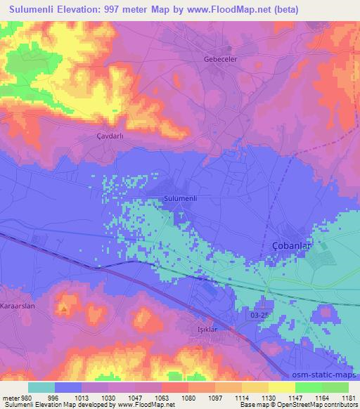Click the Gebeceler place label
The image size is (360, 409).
217,59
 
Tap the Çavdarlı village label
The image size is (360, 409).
110,136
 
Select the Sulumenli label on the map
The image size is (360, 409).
180,199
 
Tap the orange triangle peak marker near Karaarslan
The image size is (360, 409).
64,307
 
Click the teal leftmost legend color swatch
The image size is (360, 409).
42,387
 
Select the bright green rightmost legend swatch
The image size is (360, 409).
335,387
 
